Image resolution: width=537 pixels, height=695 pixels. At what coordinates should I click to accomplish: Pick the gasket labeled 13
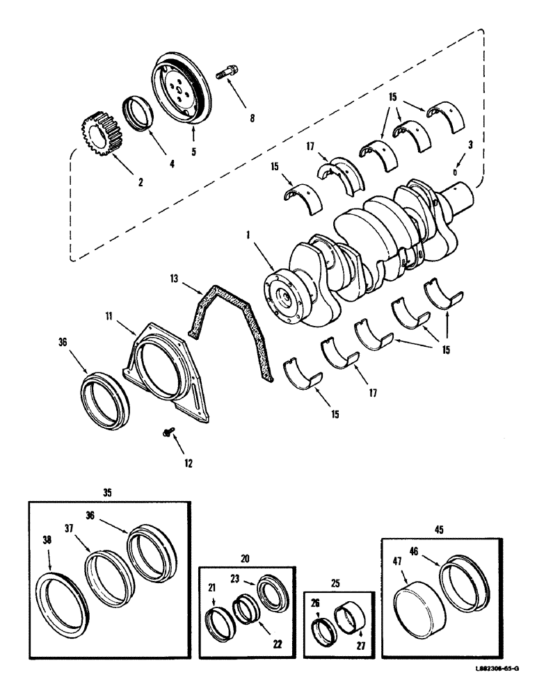pyautogui.click(x=230, y=327)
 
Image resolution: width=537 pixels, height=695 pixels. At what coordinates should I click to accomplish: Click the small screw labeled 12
pyautogui.click(x=166, y=433)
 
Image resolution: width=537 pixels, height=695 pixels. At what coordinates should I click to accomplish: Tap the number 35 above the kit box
pyautogui.click(x=107, y=493)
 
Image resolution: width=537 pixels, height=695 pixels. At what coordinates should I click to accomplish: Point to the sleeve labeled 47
pyautogui.click(x=417, y=610)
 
